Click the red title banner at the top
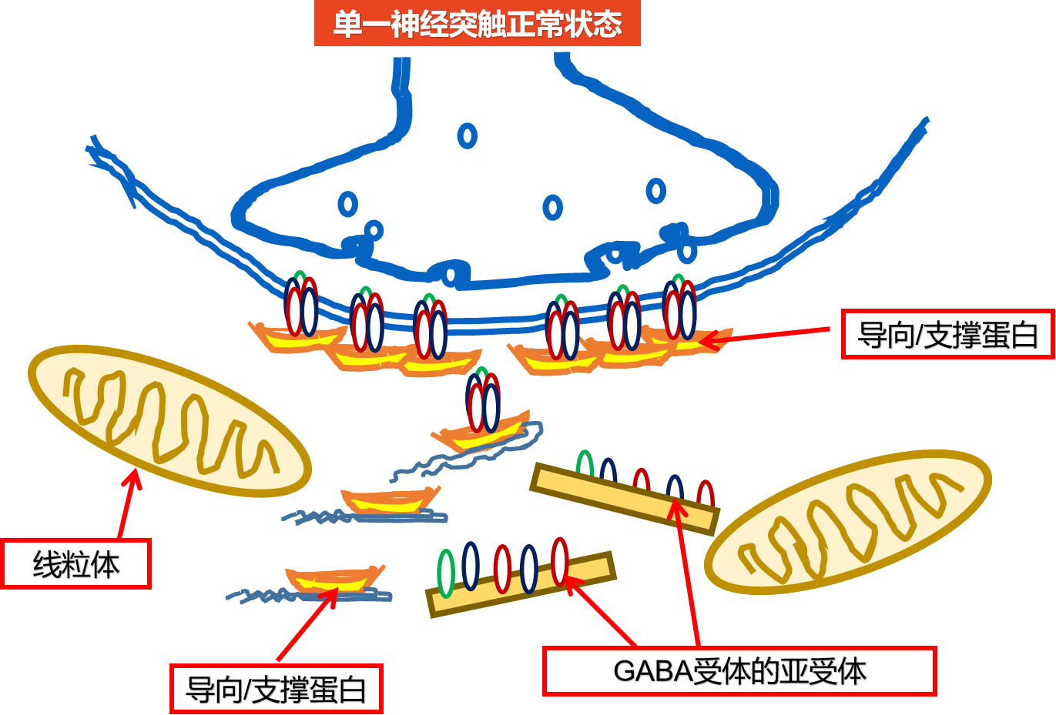[x=477, y=24]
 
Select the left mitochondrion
[x=169, y=420]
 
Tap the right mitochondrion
[x=847, y=522]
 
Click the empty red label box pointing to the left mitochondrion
[x=76, y=564]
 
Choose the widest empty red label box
[x=739, y=671]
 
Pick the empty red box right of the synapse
[x=947, y=334]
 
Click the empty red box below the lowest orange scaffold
[x=276, y=688]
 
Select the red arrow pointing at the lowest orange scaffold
[x=307, y=628]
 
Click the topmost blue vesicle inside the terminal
[x=467, y=136]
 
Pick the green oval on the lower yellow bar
[x=446, y=573]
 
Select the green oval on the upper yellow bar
[x=585, y=464]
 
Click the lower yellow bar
[x=521, y=585]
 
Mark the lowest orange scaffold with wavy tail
[x=335, y=580]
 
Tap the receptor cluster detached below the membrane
[x=483, y=401]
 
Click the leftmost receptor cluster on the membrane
[x=301, y=306]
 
